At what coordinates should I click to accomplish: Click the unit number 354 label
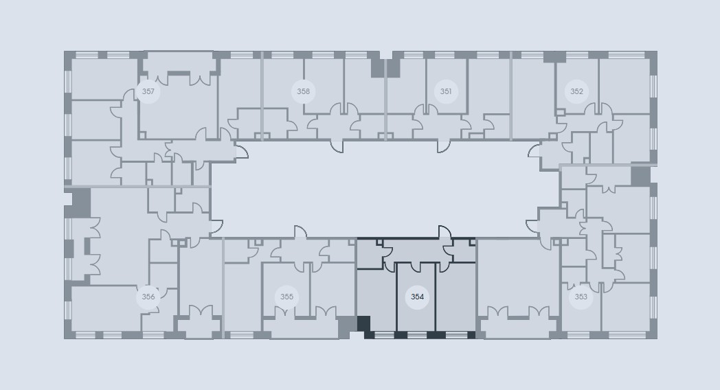pyautogui.click(x=417, y=297)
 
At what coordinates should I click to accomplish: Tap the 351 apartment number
pyautogui.click(x=445, y=91)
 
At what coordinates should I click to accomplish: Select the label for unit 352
pyautogui.click(x=576, y=91)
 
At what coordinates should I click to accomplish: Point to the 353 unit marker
pyautogui.click(x=581, y=297)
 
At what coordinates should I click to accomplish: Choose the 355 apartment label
pyautogui.click(x=286, y=297)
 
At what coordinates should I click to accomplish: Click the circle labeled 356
pyautogui.click(x=148, y=297)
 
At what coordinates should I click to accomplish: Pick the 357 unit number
pyautogui.click(x=148, y=91)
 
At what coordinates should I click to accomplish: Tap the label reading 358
pyautogui.click(x=303, y=91)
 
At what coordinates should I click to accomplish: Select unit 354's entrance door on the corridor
pyautogui.click(x=445, y=232)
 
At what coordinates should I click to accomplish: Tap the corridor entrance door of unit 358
pyautogui.click(x=337, y=146)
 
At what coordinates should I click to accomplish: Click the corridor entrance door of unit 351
pyautogui.click(x=444, y=146)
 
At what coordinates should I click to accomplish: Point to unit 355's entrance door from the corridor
pyautogui.click(x=300, y=232)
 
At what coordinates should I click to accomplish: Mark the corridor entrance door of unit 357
pyautogui.click(x=242, y=150)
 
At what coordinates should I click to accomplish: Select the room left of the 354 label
pyautogui.click(x=376, y=300)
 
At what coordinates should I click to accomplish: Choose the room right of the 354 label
pyautogui.click(x=455, y=297)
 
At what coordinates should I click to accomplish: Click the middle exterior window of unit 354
pyautogui.click(x=417, y=335)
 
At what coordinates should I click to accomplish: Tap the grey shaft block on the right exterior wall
pyautogui.click(x=640, y=176)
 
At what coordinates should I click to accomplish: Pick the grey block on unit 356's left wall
pyautogui.click(x=81, y=203)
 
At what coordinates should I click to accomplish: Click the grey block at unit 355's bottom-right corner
pyautogui.click(x=347, y=327)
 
